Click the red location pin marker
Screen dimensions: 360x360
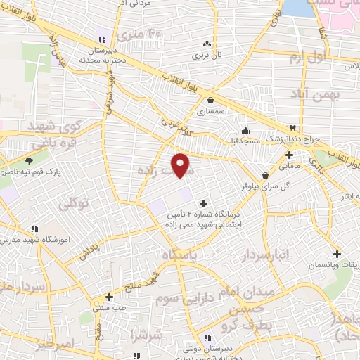click(x=182, y=165)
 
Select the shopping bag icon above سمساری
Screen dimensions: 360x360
click(x=211, y=100)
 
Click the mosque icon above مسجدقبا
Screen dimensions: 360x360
click(x=245, y=130)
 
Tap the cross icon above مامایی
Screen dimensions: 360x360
click(x=289, y=155)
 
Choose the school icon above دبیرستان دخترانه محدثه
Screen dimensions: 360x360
click(x=103, y=39)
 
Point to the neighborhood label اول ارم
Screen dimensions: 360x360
click(x=309, y=57)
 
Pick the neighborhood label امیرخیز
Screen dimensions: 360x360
click(x=53, y=344)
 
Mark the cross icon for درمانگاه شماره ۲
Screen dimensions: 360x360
click(x=204, y=202)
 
